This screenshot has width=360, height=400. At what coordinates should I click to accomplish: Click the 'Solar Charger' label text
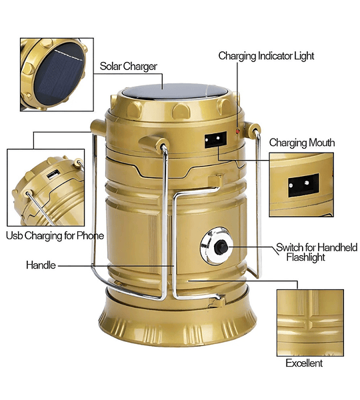[x=129, y=66]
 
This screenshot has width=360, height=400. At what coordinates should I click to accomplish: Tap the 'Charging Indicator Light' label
[x=266, y=56]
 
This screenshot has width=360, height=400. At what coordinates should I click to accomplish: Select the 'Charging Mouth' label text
[x=302, y=143]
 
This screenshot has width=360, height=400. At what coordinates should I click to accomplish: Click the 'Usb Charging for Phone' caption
[x=55, y=236]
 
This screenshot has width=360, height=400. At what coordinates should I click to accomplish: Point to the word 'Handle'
[x=41, y=265]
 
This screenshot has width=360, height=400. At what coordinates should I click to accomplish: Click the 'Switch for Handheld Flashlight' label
[x=317, y=252]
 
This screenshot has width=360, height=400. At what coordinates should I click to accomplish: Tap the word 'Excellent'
[x=304, y=363]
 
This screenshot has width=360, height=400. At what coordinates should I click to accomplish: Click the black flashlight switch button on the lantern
[x=221, y=247]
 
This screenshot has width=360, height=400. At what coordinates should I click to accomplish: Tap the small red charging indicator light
[x=238, y=131]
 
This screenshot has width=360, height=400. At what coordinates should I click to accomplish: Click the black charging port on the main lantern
[x=215, y=139]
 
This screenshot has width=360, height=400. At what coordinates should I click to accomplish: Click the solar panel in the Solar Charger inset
[x=59, y=74]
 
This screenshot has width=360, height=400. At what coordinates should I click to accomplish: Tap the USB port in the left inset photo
[x=53, y=175]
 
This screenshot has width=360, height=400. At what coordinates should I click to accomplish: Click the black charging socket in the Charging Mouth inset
[x=303, y=185]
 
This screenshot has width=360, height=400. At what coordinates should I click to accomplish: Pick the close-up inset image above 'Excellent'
[x=310, y=323]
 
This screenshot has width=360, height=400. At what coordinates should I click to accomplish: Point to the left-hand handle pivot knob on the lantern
[x=98, y=127]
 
